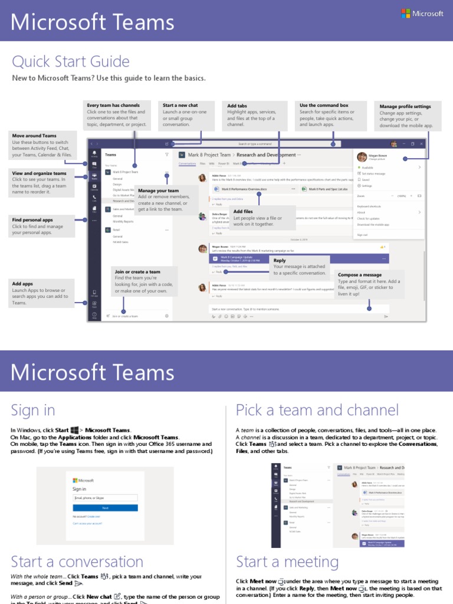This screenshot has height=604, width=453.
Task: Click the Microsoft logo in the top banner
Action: point(422,14)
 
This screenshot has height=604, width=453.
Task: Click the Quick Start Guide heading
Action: point(71,62)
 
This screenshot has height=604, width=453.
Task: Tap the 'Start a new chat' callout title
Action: point(180,106)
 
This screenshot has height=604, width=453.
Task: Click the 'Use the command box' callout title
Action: point(324,106)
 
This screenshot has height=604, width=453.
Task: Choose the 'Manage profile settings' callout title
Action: point(405,107)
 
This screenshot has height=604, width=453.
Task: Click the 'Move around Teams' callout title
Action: point(34,136)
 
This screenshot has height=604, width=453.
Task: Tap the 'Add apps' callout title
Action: point(22,284)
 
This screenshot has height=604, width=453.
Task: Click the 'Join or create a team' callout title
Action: point(137,272)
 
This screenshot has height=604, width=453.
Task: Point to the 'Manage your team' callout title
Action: point(158,191)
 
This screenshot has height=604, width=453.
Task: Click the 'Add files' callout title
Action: point(243,211)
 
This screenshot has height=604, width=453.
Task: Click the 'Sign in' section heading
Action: point(33,410)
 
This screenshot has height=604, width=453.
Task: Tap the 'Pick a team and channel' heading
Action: point(317,410)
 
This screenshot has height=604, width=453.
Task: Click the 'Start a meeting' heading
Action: point(287,561)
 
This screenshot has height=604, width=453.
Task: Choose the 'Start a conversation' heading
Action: point(77,561)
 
